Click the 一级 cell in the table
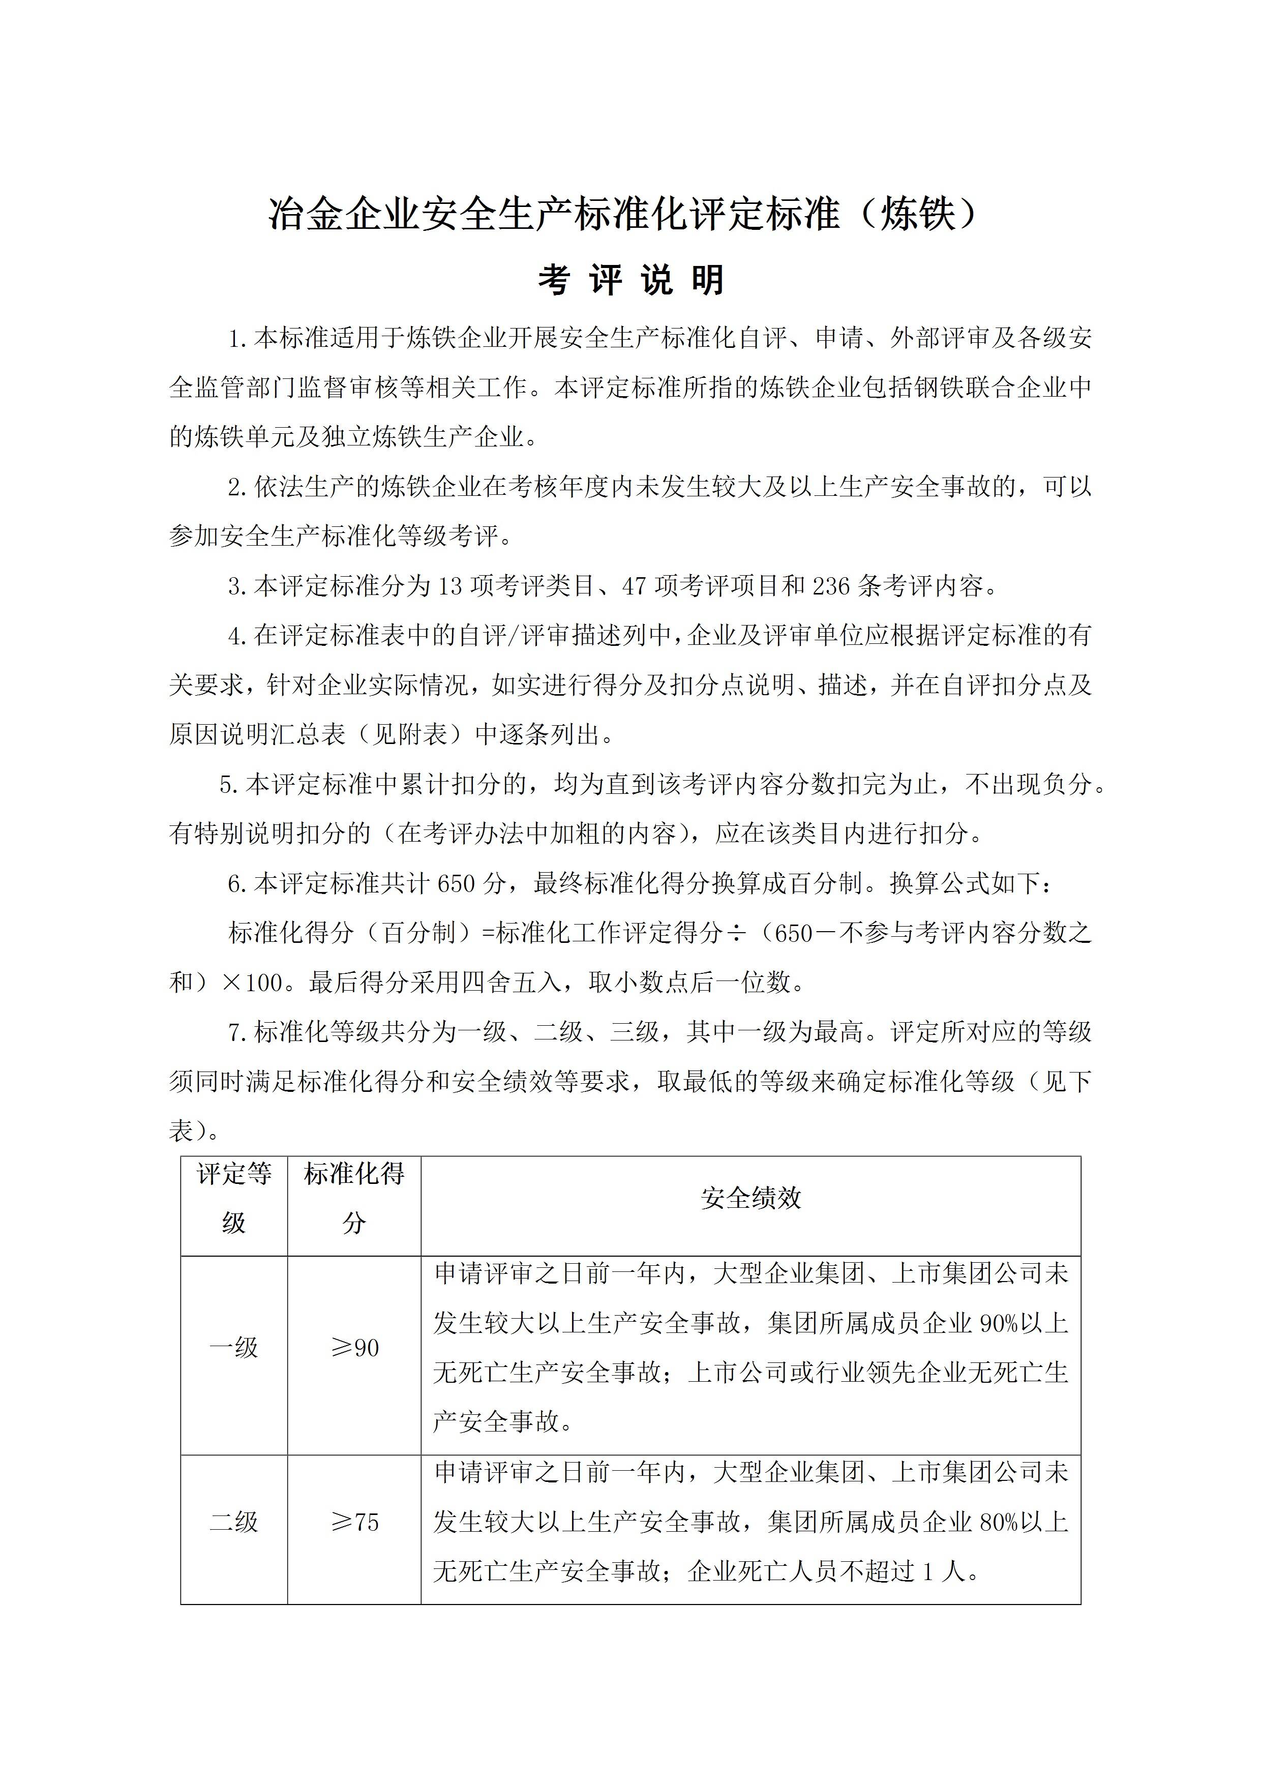coord(234,1347)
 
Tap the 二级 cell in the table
coord(234,1522)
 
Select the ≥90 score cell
coord(355,1347)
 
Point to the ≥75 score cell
coord(355,1522)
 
